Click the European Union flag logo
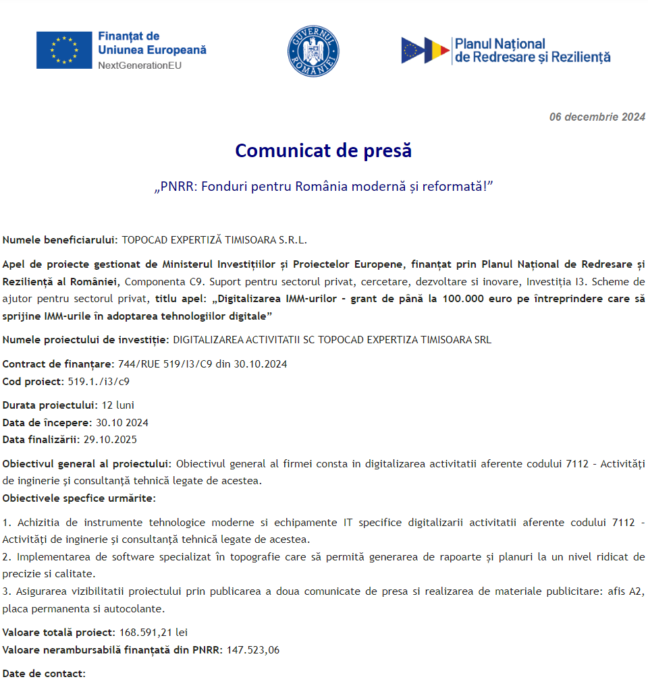64,50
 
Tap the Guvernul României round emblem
313,51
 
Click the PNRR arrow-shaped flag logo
425,51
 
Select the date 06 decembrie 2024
597,117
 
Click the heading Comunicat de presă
323,150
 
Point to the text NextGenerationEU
140,65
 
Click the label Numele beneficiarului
60,239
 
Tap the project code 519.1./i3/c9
99,381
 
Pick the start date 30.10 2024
122,423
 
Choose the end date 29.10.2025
110,440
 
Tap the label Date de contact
44,674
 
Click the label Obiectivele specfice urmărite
79,498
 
